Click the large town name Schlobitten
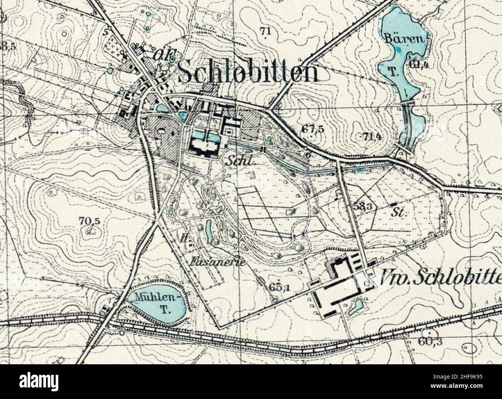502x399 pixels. click(x=249, y=72)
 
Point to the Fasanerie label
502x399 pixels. click(x=218, y=262)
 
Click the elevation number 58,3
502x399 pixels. click(x=362, y=206)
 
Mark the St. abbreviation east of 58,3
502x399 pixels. click(x=397, y=213)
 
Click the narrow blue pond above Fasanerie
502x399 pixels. click(x=209, y=232)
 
